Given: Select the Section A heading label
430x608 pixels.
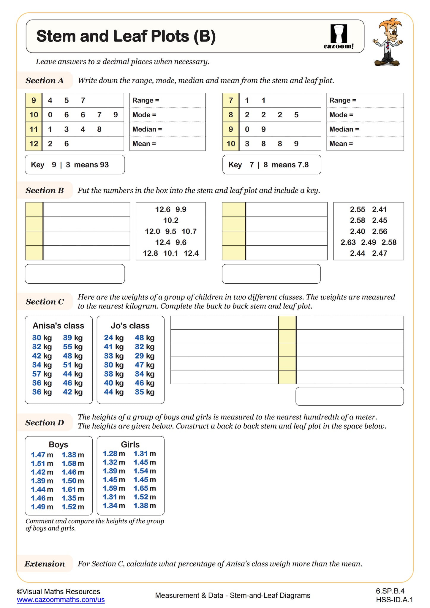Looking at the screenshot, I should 45,80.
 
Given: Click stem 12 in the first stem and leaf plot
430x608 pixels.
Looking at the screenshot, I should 34,144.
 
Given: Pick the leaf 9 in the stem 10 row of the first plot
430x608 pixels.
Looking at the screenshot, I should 116,115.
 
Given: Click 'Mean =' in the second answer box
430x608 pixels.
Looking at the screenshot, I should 341,144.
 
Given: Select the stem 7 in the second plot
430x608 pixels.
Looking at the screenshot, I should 231,100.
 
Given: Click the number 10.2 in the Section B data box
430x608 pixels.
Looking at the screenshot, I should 171,220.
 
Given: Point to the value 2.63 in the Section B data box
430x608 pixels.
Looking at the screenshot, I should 348,242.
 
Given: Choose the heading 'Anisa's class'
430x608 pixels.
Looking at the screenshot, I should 59,326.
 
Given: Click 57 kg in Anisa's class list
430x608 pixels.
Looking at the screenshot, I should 42,374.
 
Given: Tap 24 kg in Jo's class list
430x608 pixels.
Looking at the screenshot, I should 114,338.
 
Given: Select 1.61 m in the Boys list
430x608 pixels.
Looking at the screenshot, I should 73,489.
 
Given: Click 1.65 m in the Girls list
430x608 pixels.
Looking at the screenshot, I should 145,488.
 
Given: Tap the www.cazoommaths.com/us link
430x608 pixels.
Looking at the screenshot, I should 61,600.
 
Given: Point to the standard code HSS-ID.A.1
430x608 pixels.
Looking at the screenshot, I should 394,600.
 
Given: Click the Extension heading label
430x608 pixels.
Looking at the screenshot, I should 45,564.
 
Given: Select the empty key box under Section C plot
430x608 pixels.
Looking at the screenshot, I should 350,396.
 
